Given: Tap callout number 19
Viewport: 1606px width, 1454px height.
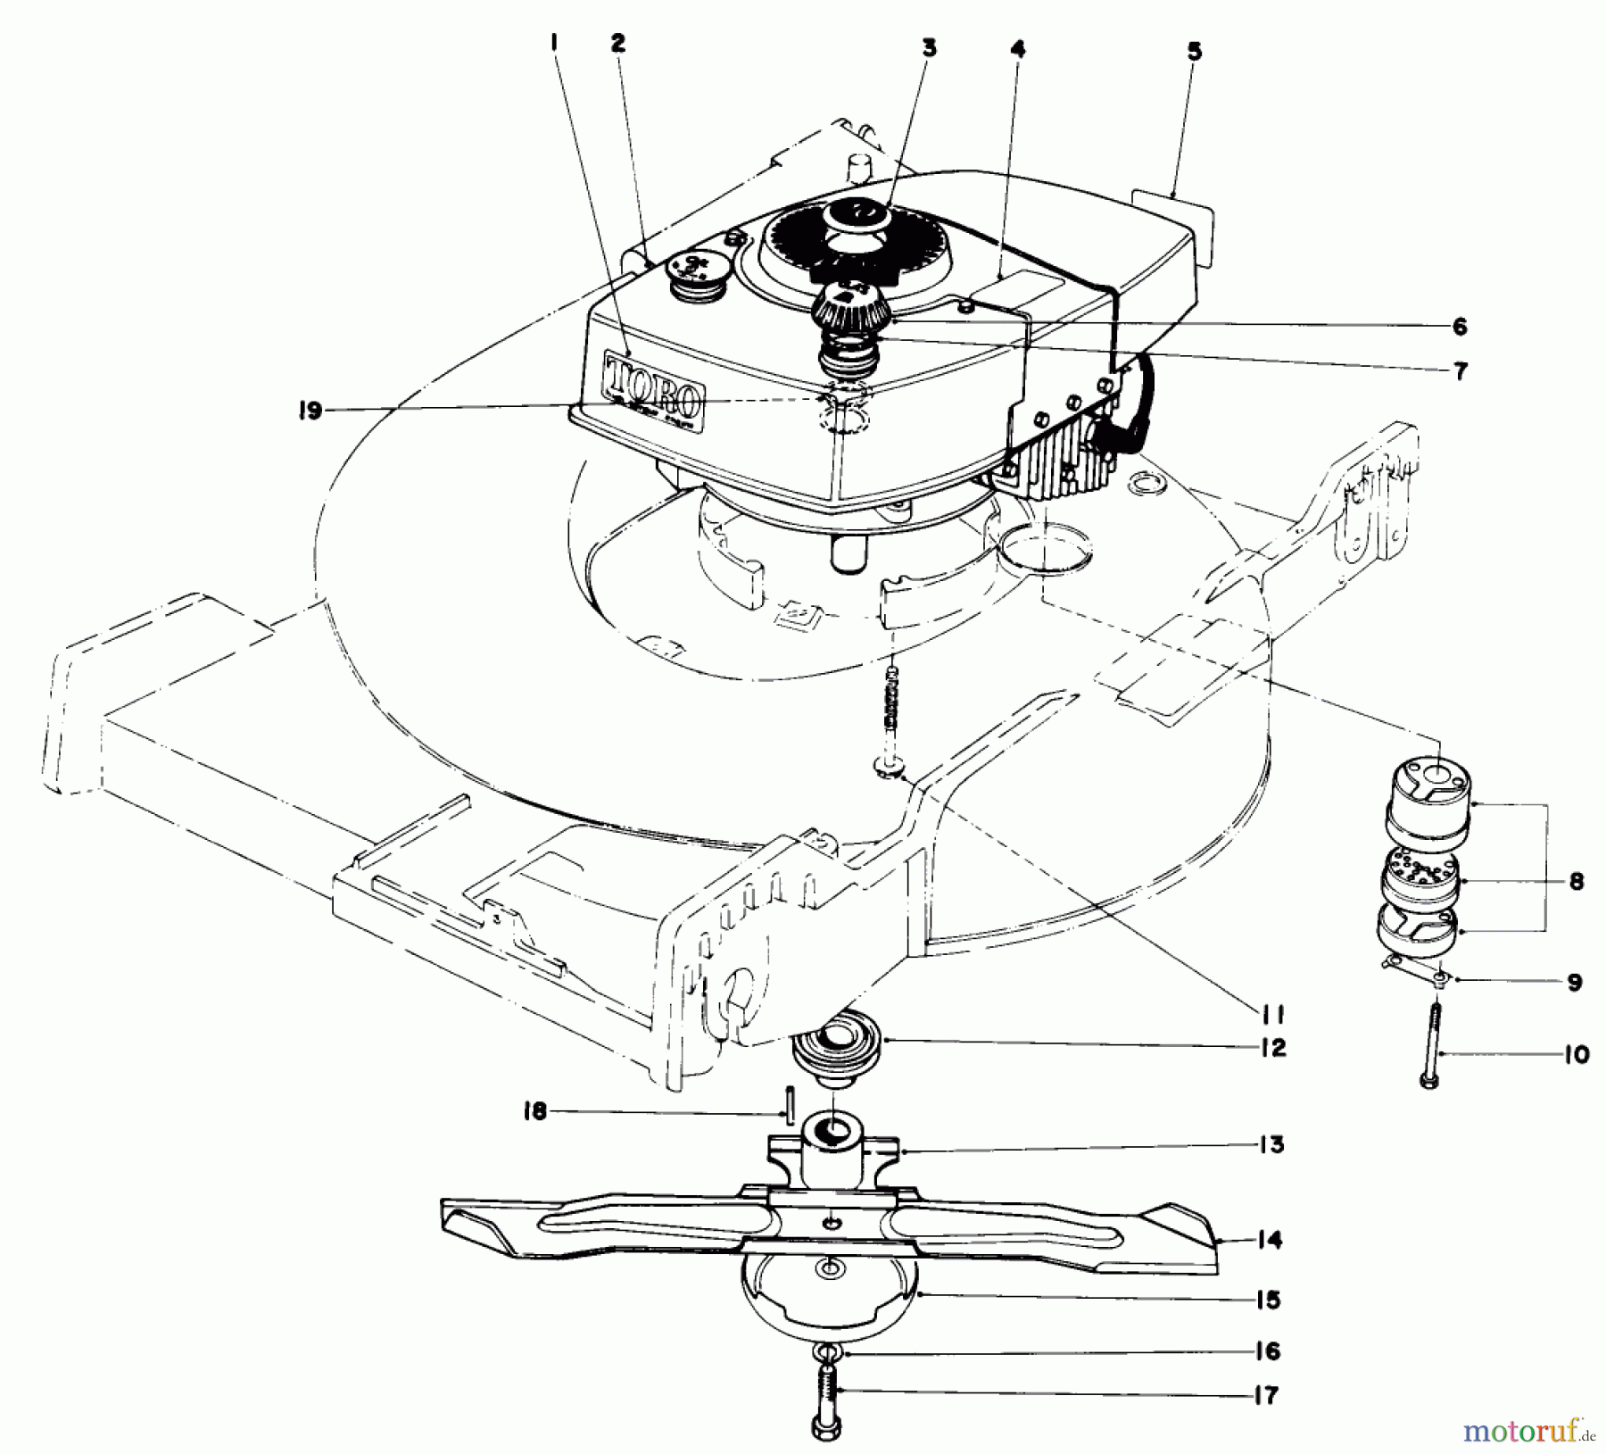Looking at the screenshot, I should pyautogui.click(x=310, y=412).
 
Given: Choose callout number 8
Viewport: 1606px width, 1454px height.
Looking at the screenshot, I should pyautogui.click(x=1576, y=882).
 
